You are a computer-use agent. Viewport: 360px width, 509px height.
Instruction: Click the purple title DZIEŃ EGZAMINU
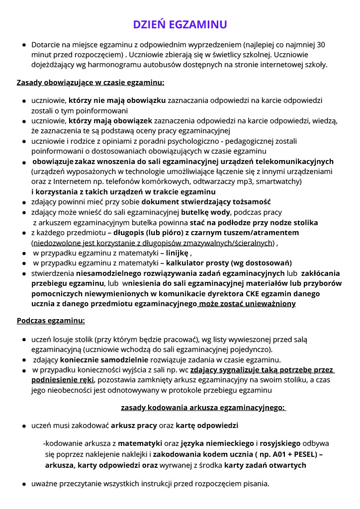point(180,25)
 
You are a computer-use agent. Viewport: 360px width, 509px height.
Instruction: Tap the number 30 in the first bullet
point(321,45)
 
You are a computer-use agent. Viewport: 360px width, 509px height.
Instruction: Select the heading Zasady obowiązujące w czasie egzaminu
point(90,82)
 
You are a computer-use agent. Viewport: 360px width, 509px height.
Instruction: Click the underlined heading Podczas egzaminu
point(51,321)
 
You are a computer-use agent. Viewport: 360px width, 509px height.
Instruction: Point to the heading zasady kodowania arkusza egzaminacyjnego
point(203,408)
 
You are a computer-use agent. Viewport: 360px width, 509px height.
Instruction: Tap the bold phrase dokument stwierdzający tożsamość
point(206,202)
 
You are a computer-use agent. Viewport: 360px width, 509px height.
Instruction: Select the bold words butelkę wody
point(209,212)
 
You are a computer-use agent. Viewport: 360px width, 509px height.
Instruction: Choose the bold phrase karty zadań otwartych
point(265,465)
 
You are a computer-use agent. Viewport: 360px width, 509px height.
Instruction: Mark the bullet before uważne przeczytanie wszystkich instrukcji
point(24,484)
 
